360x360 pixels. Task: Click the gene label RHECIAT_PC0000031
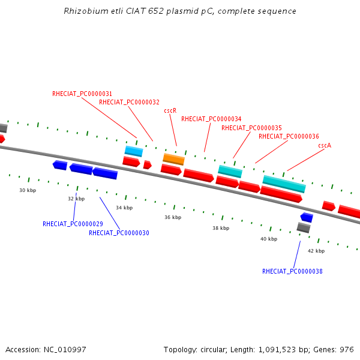(x=82, y=94)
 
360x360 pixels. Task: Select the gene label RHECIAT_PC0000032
(x=129, y=102)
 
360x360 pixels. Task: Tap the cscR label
(x=170, y=110)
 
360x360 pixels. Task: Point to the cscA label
(x=325, y=145)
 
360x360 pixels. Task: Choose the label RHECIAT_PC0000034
(x=211, y=119)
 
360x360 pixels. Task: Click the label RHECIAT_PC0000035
(x=251, y=128)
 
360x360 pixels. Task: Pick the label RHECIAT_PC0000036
(x=289, y=136)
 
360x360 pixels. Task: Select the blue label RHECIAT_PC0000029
(x=73, y=224)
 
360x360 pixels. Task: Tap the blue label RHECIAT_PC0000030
(x=119, y=233)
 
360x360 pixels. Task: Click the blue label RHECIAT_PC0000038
(x=292, y=271)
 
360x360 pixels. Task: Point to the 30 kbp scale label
(x=28, y=190)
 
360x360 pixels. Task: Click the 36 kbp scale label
(x=173, y=217)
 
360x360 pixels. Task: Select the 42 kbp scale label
(x=316, y=251)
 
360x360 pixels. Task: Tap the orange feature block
(x=174, y=160)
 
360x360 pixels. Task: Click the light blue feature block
(x=134, y=151)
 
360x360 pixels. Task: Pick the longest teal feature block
(x=284, y=184)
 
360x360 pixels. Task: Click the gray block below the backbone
(x=304, y=227)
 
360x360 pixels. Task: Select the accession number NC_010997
(x=65, y=350)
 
